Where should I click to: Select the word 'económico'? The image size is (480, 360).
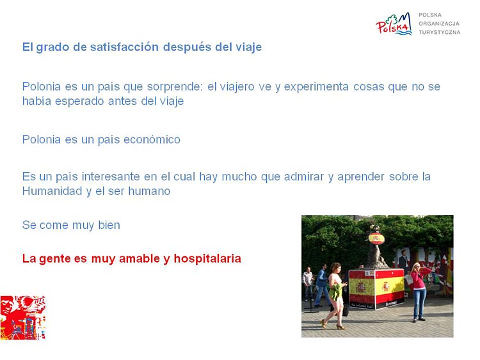[x=152, y=139]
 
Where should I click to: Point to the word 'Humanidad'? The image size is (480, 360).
[x=52, y=191]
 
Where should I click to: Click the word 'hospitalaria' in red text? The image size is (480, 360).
[x=207, y=258]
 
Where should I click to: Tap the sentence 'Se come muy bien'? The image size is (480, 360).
[x=71, y=225]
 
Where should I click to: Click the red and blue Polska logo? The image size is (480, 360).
[x=394, y=24]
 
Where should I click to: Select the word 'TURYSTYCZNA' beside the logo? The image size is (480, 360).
[x=439, y=32]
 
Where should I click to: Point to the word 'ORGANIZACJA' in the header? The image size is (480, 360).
[x=439, y=24]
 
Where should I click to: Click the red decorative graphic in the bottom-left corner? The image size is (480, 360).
[x=23, y=318]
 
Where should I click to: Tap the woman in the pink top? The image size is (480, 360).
[x=419, y=292]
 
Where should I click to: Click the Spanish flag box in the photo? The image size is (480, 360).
[x=376, y=289]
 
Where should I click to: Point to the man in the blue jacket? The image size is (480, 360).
[x=322, y=285]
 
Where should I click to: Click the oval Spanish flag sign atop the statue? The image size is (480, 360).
[x=376, y=239]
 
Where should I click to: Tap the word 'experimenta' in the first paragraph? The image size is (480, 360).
[x=316, y=87]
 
